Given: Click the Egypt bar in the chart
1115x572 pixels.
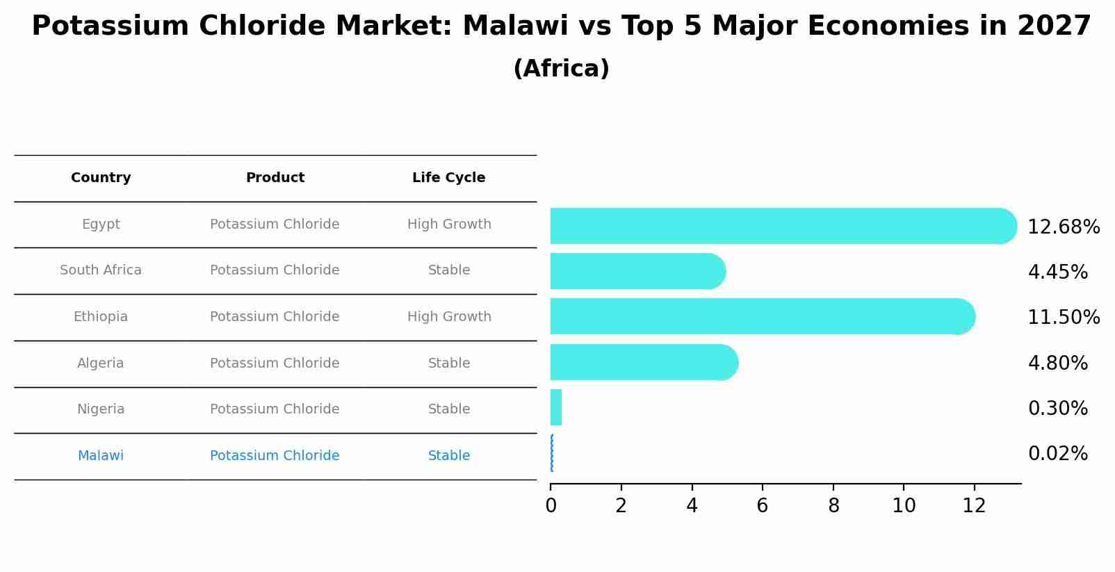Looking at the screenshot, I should (779, 226).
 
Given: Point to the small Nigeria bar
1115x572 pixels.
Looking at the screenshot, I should (556, 407).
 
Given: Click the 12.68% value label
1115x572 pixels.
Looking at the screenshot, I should (1063, 227).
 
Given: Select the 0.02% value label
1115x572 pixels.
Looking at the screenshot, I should (1057, 454).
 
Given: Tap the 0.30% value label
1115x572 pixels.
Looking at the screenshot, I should (1057, 409).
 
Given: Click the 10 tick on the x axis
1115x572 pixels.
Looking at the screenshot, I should (904, 506).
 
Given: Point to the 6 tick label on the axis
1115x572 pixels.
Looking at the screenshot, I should (763, 506).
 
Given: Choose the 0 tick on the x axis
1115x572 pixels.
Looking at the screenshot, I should (551, 506).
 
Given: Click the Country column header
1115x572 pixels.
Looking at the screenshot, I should (101, 178).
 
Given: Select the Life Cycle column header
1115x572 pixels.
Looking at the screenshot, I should (448, 178).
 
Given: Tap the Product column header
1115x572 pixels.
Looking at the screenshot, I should (275, 178).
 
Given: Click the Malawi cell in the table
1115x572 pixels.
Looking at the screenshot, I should (101, 456).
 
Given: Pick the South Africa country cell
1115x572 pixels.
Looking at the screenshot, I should (101, 270).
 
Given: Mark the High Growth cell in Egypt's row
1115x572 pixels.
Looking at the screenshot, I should (449, 224).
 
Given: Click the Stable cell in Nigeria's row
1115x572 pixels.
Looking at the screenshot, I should (449, 409).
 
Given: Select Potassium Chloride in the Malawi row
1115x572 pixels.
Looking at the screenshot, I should (275, 456).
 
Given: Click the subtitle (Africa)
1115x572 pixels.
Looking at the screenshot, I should (561, 69).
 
